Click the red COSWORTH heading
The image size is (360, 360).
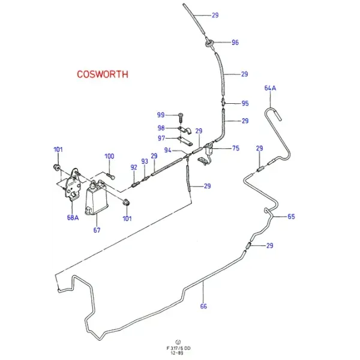pos(103,74)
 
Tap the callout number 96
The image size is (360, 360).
pos(235,43)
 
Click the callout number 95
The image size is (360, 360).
pos(245,103)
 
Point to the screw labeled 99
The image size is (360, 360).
pos(181,117)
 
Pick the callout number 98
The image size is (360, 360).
pos(161,128)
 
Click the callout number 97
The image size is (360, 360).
pos(161,138)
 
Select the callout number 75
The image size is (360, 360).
pos(236,148)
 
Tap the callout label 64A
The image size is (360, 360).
pos(270,88)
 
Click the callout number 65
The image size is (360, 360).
pos(291,217)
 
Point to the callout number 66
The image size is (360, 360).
pos(203,306)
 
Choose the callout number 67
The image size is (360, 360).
pos(97,230)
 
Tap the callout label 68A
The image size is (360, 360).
pos(73,217)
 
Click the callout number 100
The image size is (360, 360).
pos(109,156)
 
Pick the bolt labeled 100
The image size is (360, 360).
pos(110,177)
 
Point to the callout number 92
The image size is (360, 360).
pos(134,167)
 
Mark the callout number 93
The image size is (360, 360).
pos(145,161)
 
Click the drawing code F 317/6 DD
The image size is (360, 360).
pos(178,348)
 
